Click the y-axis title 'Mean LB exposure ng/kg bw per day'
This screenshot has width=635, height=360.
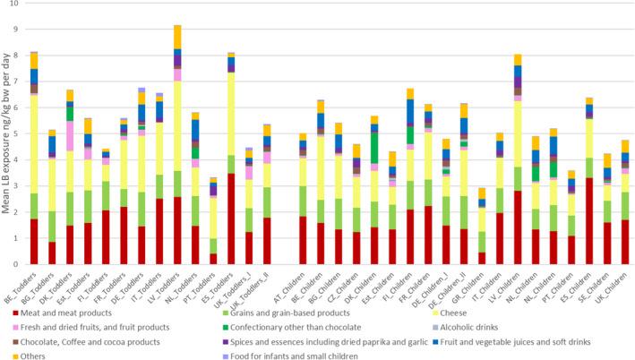point(7,134)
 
